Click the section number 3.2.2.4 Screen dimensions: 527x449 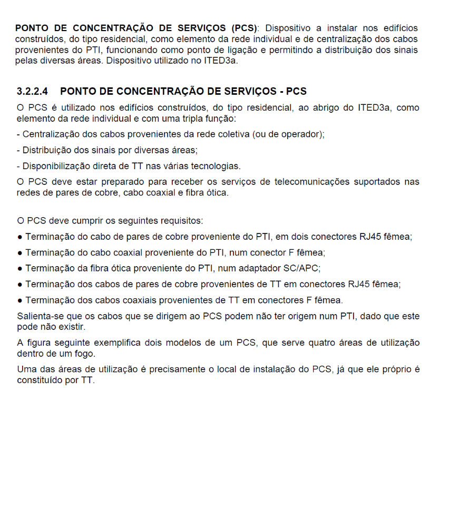[35, 92]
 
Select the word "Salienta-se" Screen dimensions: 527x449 [40, 316]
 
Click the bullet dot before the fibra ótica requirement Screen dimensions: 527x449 [19, 268]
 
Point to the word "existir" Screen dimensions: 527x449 [70, 327]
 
